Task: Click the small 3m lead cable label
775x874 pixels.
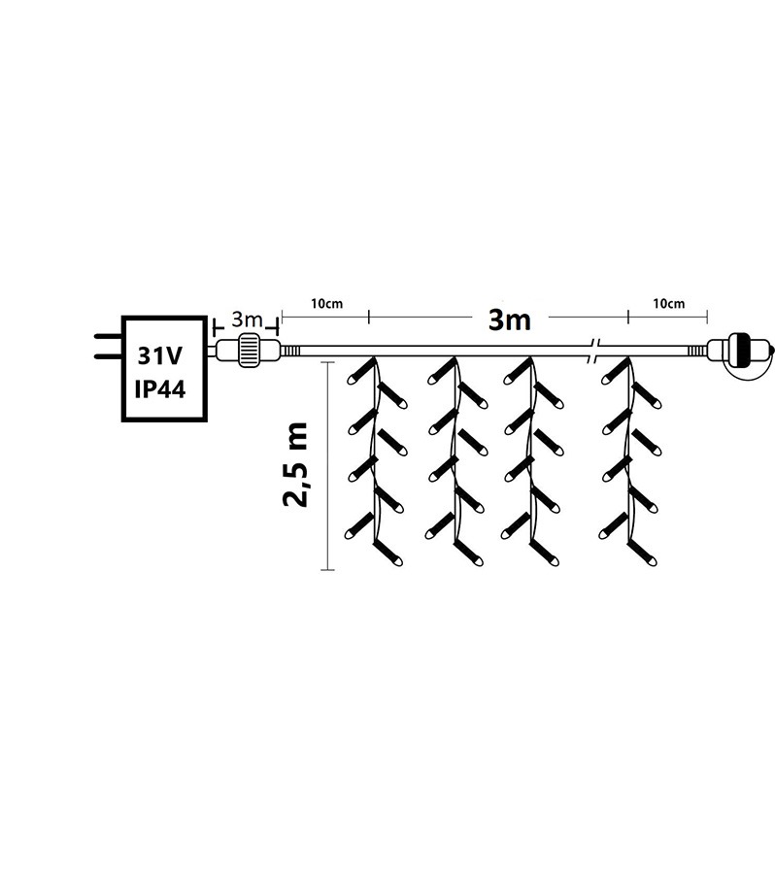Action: (246, 319)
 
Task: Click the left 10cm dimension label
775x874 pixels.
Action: (326, 304)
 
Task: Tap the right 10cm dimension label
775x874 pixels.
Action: (668, 304)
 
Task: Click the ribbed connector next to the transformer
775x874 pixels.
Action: (249, 350)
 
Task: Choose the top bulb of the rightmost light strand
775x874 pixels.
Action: (614, 373)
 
